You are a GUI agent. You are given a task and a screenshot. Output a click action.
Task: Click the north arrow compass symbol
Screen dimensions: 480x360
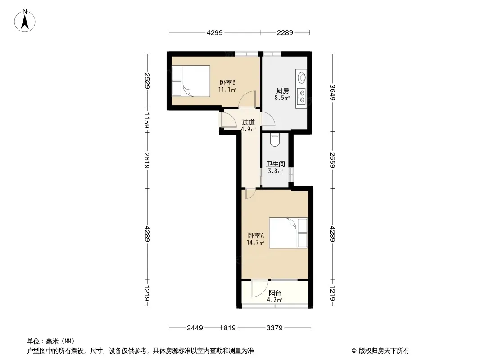click(25, 21)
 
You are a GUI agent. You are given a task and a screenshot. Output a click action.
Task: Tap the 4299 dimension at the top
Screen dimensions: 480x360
click(215, 33)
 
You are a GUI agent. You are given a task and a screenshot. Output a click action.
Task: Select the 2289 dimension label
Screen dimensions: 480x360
click(285, 33)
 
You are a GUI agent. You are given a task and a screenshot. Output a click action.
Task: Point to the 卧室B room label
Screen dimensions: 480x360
click(227, 83)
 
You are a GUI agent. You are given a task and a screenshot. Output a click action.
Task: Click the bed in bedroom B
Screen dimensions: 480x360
click(191, 81)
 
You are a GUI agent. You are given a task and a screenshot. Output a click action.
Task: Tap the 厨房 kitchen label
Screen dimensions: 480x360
click(282, 91)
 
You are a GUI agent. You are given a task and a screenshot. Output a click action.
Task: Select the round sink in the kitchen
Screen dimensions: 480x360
click(302, 77)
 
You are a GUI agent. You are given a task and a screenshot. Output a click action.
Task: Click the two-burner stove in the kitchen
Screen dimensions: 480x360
click(302, 96)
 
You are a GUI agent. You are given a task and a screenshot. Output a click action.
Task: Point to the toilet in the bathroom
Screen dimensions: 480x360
click(275, 140)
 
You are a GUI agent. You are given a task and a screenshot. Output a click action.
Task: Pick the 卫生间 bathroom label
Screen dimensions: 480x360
click(275, 164)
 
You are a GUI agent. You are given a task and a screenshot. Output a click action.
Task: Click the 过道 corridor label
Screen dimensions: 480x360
click(248, 122)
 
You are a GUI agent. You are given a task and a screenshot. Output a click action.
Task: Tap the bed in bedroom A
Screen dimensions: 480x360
click(288, 233)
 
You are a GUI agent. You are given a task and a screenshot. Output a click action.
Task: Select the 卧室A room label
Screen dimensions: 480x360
click(256, 235)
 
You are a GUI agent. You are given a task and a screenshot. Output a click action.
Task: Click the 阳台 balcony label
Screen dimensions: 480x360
click(275, 293)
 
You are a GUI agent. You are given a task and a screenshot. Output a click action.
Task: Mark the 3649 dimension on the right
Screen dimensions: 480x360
click(332, 92)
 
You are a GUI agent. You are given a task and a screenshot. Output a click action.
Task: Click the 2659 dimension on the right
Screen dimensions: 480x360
click(332, 160)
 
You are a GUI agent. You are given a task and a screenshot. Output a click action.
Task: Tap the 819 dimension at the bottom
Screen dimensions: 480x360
click(230, 328)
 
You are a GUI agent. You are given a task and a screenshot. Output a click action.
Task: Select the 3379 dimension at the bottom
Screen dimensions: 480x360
click(274, 328)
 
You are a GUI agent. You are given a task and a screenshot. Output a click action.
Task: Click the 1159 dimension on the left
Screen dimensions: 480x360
click(147, 120)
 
